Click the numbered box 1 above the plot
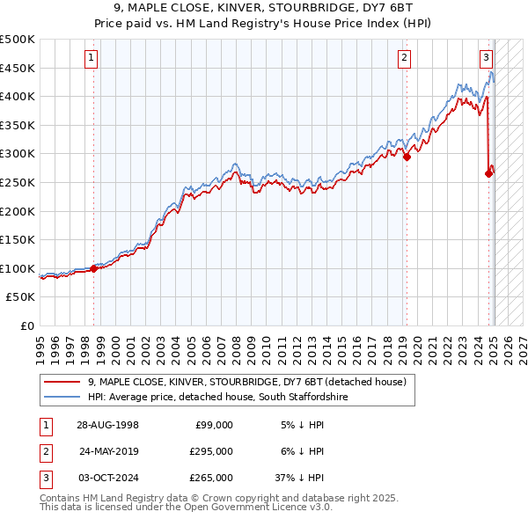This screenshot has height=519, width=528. [92, 59]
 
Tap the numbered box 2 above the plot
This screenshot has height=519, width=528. [404, 59]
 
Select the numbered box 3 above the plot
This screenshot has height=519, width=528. [486, 59]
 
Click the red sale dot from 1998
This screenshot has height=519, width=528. [94, 268]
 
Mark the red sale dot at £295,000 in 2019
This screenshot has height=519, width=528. [407, 157]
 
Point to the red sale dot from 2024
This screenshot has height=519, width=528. [488, 173]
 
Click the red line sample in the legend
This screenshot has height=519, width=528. [62, 382]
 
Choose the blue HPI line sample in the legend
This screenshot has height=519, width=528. [62, 398]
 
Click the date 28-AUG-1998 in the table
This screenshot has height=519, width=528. [108, 425]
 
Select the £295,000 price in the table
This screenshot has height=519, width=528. [212, 451]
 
